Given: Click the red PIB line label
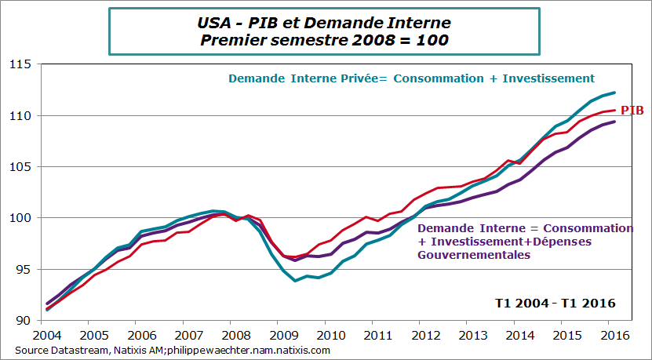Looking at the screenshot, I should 632,111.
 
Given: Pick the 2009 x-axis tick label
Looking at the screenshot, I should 277,334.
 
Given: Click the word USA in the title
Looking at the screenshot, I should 215,23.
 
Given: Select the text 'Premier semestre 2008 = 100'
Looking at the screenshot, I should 324,40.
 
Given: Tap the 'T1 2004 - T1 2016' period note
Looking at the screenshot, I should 555,303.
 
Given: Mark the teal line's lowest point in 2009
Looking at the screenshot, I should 295,280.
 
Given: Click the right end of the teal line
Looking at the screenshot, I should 614,93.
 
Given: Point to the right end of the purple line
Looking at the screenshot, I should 614,122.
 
